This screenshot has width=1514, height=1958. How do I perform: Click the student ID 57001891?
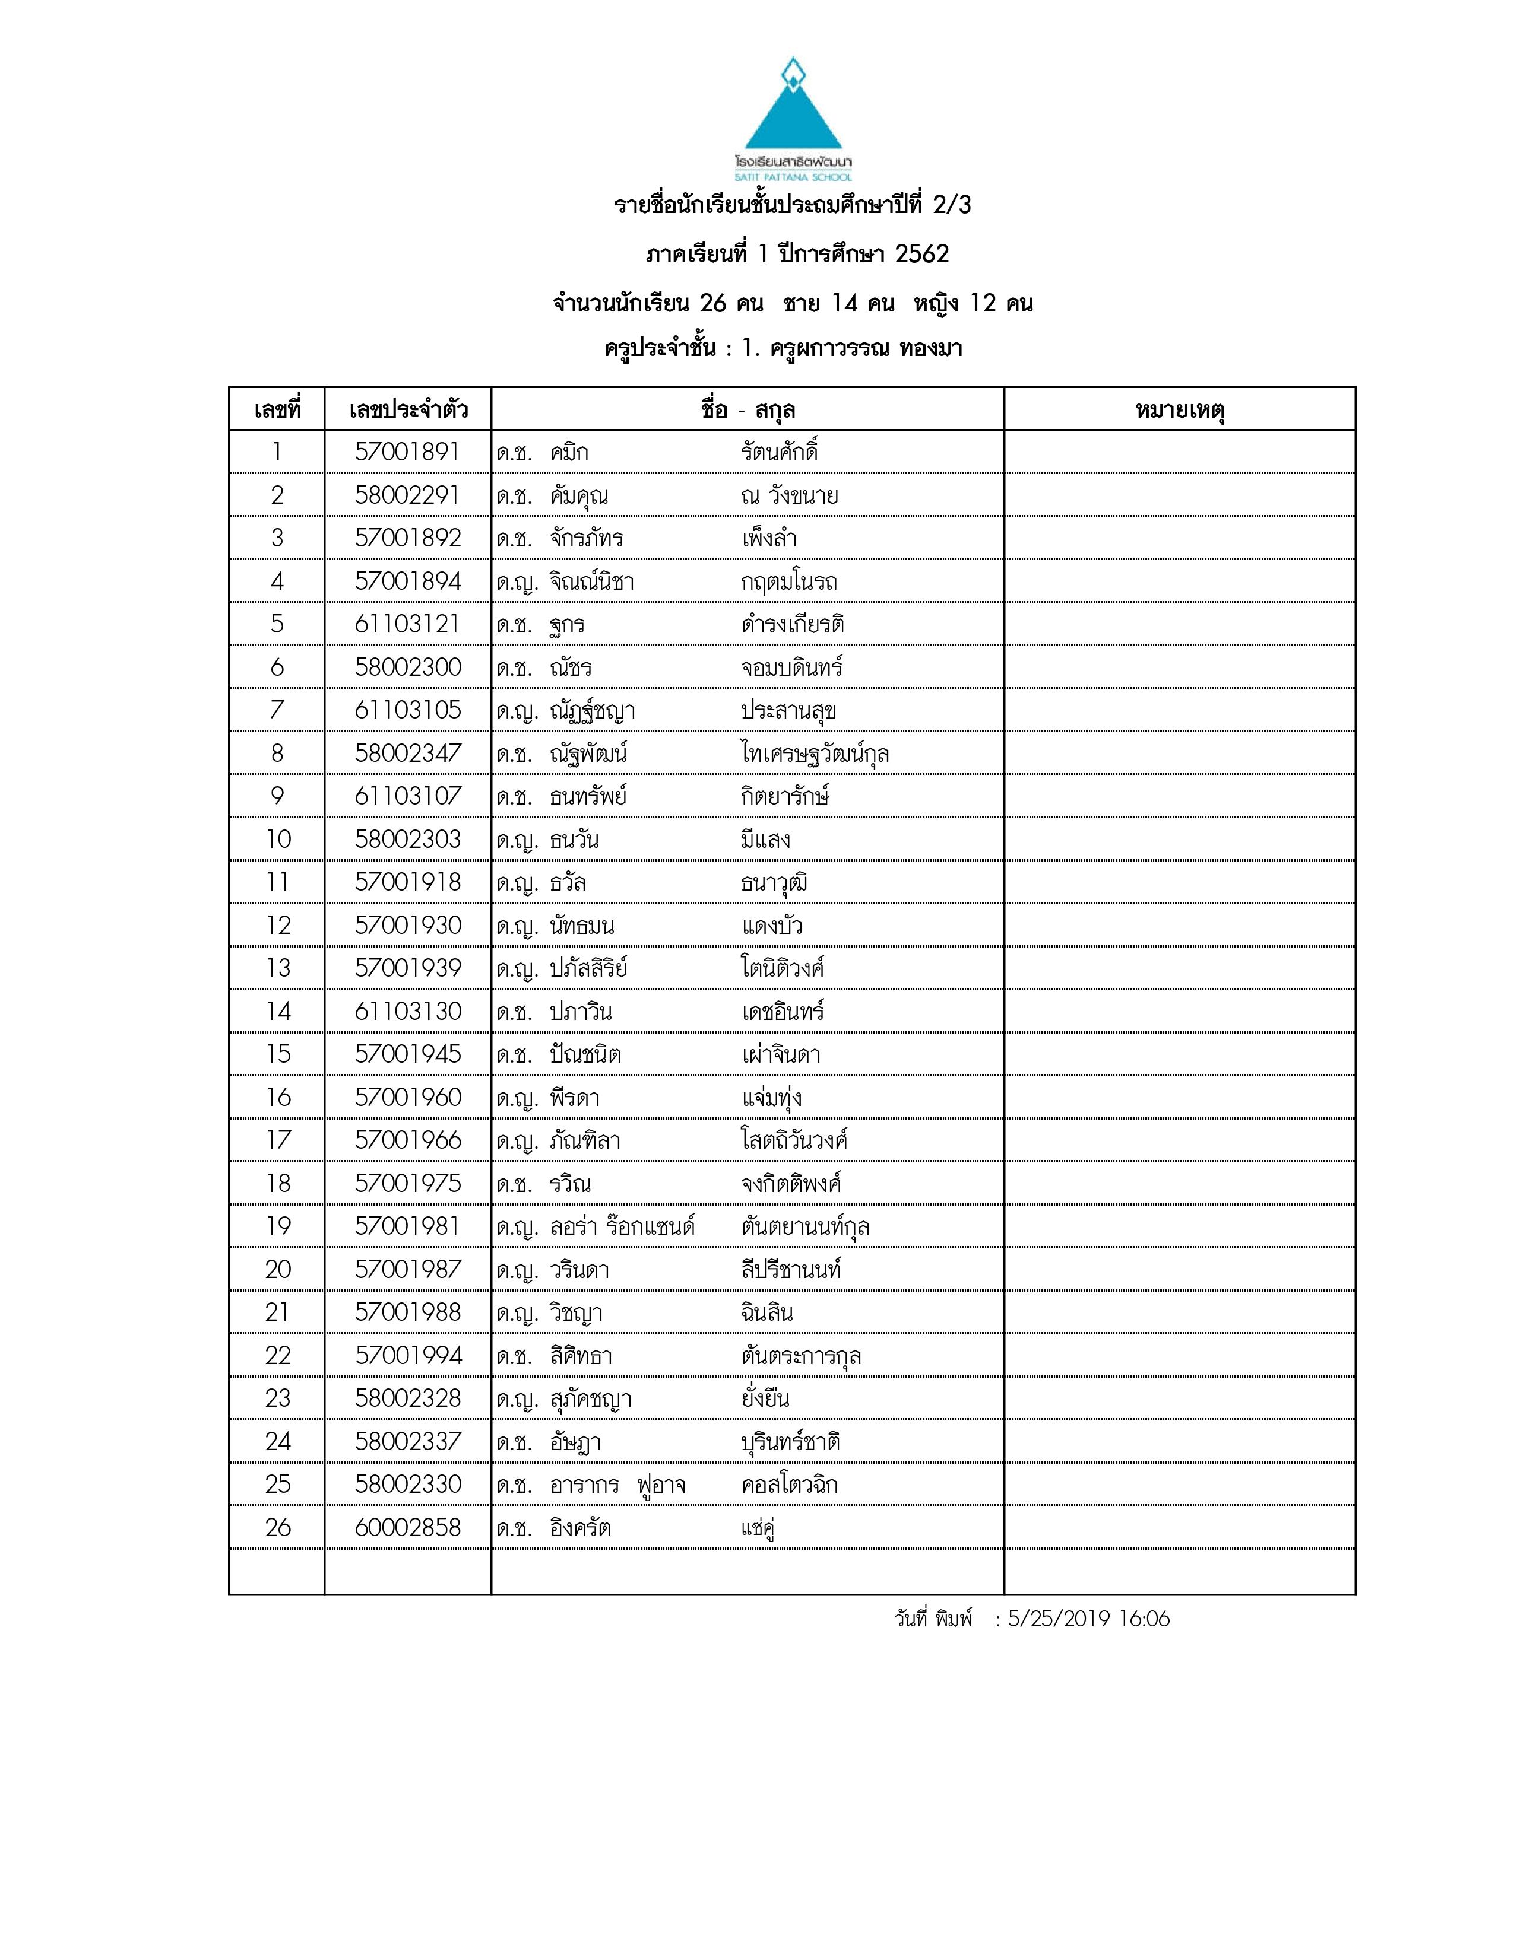[x=407, y=452]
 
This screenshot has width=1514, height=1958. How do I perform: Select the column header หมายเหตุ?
[x=1180, y=411]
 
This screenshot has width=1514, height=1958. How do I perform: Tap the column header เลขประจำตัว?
[x=408, y=411]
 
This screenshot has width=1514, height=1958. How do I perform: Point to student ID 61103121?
[x=407, y=624]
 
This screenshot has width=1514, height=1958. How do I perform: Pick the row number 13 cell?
[x=278, y=968]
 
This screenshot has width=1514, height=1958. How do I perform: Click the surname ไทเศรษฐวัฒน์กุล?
[x=815, y=753]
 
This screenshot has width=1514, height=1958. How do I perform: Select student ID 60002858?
[x=407, y=1528]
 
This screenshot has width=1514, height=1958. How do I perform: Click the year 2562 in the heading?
[x=921, y=255]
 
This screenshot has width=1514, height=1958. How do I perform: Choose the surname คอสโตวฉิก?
[x=789, y=1485]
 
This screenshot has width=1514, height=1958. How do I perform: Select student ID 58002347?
[x=407, y=753]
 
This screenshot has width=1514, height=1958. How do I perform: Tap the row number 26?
[x=278, y=1528]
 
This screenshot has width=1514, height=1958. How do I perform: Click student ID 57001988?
[x=407, y=1312]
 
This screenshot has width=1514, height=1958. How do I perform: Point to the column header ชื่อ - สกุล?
[x=748, y=411]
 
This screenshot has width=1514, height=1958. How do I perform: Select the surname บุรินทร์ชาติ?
[x=790, y=1442]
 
